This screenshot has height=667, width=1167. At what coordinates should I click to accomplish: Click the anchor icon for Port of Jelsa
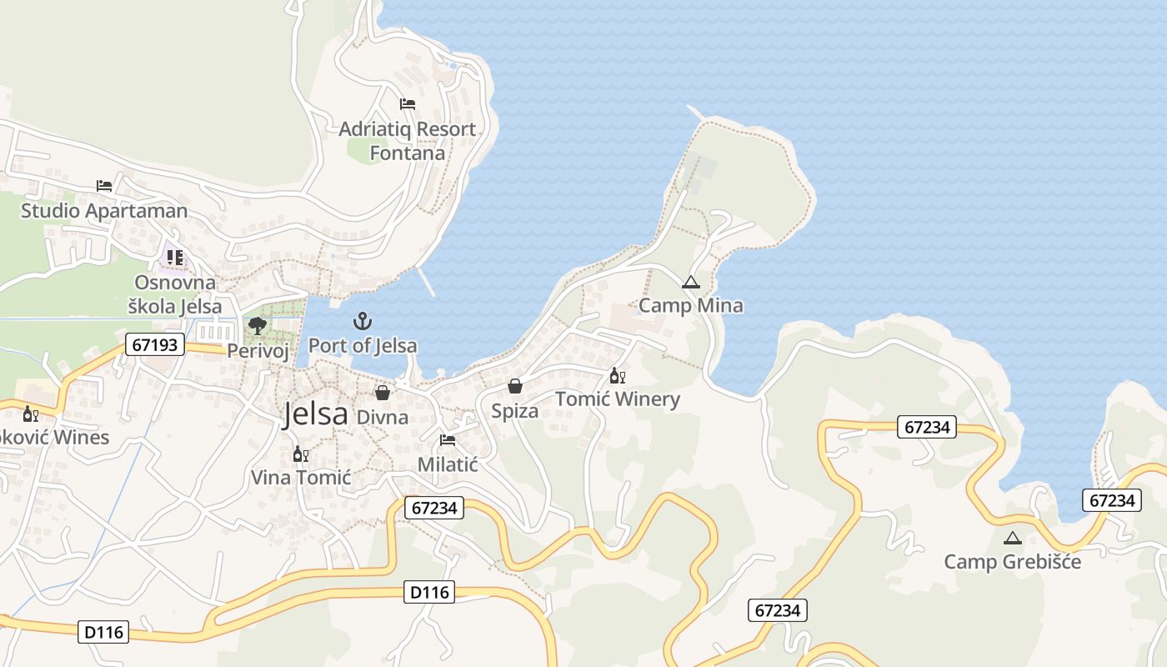point(363,321)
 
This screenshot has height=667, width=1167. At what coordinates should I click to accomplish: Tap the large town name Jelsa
point(315,414)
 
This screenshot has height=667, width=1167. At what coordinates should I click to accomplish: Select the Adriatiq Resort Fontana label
point(408,141)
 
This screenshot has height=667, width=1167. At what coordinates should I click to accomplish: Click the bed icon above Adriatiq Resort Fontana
point(408,104)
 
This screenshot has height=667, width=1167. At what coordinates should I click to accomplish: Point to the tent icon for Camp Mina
point(690,283)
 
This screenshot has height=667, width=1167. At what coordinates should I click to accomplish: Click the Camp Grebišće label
point(1012,561)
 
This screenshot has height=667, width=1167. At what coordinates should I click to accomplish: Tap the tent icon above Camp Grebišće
point(1012,538)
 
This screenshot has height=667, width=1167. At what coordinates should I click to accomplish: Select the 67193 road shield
point(155,344)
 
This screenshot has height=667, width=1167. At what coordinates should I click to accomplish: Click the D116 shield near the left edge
point(104,632)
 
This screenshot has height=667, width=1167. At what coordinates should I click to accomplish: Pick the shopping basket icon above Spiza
point(515,386)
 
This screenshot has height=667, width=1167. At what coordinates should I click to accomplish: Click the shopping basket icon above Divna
point(383,392)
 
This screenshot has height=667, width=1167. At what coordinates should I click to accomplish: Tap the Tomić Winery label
point(617,399)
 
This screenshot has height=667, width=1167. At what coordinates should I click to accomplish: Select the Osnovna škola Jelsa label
point(175,294)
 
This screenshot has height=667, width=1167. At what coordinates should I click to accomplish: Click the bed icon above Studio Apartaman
point(104,185)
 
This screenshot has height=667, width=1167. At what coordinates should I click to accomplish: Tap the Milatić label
point(448,464)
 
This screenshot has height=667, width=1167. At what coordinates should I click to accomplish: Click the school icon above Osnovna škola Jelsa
point(174,258)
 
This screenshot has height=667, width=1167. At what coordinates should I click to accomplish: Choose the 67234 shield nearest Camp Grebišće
point(1112,500)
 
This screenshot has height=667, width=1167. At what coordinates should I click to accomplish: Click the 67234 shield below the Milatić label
point(435,507)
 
